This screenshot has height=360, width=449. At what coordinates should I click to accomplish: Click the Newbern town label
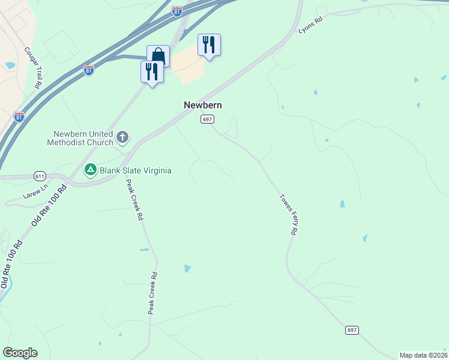pos(202,105)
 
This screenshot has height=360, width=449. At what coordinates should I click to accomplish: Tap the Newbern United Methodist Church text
pos(83,138)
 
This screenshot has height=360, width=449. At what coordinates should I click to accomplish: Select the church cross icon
pos(122,138)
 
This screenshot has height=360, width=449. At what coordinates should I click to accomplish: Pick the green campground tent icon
pos(91,170)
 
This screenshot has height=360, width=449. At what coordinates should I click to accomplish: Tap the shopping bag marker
pos(158,56)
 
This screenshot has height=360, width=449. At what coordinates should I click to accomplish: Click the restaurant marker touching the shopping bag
pos(151,72)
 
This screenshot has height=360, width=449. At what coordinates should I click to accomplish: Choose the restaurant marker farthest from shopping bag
pos(209,45)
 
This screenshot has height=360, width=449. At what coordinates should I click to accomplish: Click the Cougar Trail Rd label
pos(31,68)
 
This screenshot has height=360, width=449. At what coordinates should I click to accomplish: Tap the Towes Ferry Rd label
pos(289,214)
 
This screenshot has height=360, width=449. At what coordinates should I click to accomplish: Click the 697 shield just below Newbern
pos(206,119)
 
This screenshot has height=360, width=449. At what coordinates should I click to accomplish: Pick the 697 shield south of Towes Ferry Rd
pos(352,330)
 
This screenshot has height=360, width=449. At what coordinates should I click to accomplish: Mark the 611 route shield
pos(40,176)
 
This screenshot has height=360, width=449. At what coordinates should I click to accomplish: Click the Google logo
pos(20,352)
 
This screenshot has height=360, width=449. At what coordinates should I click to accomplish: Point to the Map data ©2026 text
pos(423,355)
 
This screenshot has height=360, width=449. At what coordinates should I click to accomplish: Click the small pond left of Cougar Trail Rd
pos(10,65)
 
